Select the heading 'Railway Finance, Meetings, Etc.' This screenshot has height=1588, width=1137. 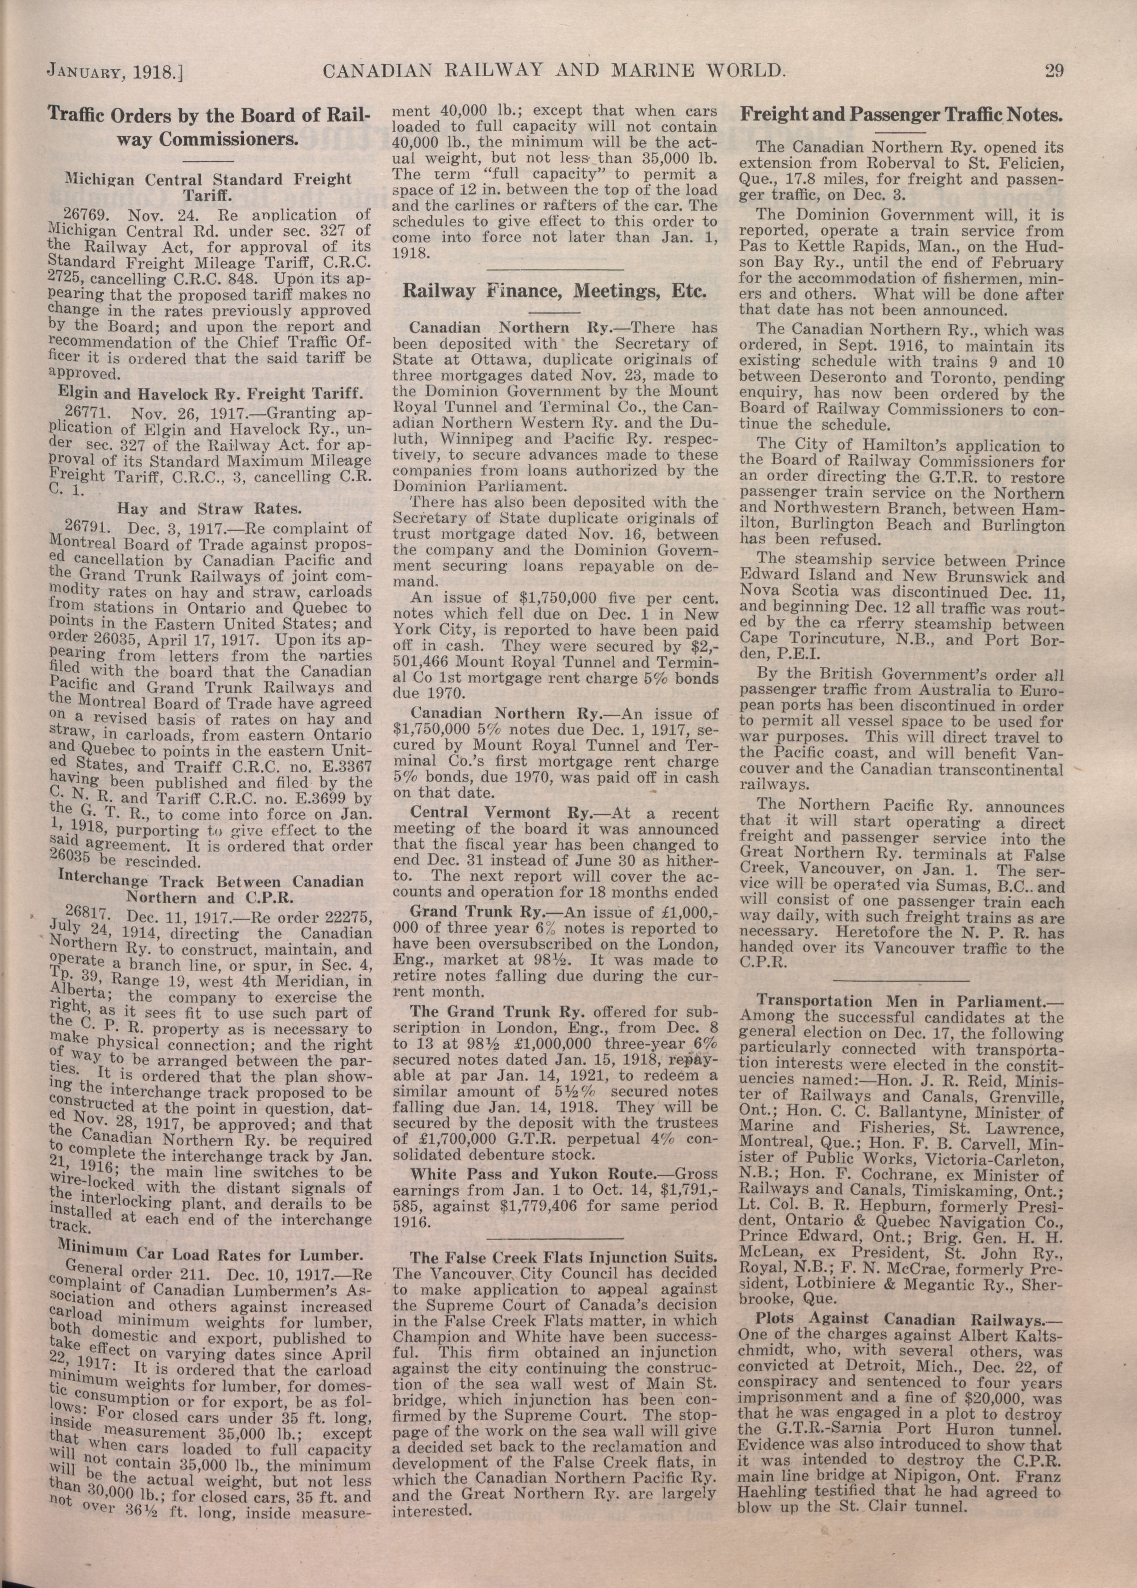[554, 291]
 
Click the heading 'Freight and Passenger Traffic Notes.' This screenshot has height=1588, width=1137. [902, 115]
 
